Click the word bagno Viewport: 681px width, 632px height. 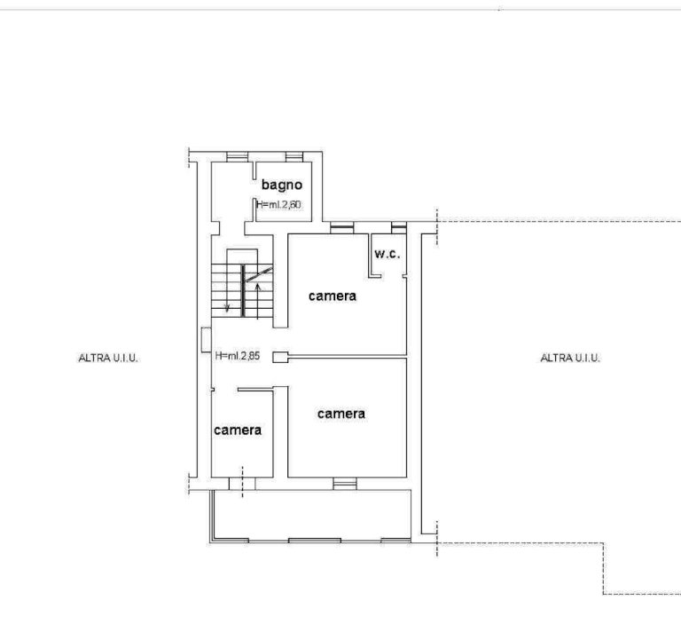281,186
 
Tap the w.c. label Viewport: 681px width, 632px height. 387,254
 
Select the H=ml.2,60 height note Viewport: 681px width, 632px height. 278,204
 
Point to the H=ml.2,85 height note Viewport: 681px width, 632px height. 238,356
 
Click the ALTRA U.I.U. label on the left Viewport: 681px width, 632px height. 108,358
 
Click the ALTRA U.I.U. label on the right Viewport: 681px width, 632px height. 570,358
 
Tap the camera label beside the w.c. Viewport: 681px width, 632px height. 333,296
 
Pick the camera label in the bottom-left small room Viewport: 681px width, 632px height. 238,431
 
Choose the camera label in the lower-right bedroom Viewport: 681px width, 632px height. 340,414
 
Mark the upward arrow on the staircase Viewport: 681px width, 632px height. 257,301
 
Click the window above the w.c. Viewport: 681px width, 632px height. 399,228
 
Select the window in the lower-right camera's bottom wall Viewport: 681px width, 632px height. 345,484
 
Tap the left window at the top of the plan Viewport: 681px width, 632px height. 237,157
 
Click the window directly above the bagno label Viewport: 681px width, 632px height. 294,157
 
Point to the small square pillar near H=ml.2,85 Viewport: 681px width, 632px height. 280,358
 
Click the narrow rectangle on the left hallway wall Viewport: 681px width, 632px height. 207,340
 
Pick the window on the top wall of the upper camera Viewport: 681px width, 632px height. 341,228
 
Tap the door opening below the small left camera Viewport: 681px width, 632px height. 242,484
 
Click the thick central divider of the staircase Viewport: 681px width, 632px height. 243,290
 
